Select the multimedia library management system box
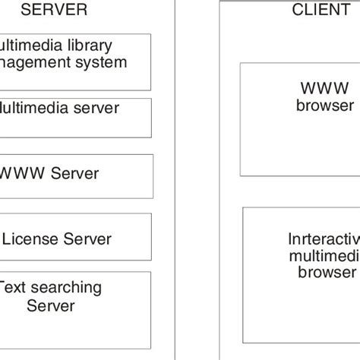[76, 60]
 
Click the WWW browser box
[300, 118]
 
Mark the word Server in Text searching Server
[50, 306]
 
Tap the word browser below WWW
[325, 105]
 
